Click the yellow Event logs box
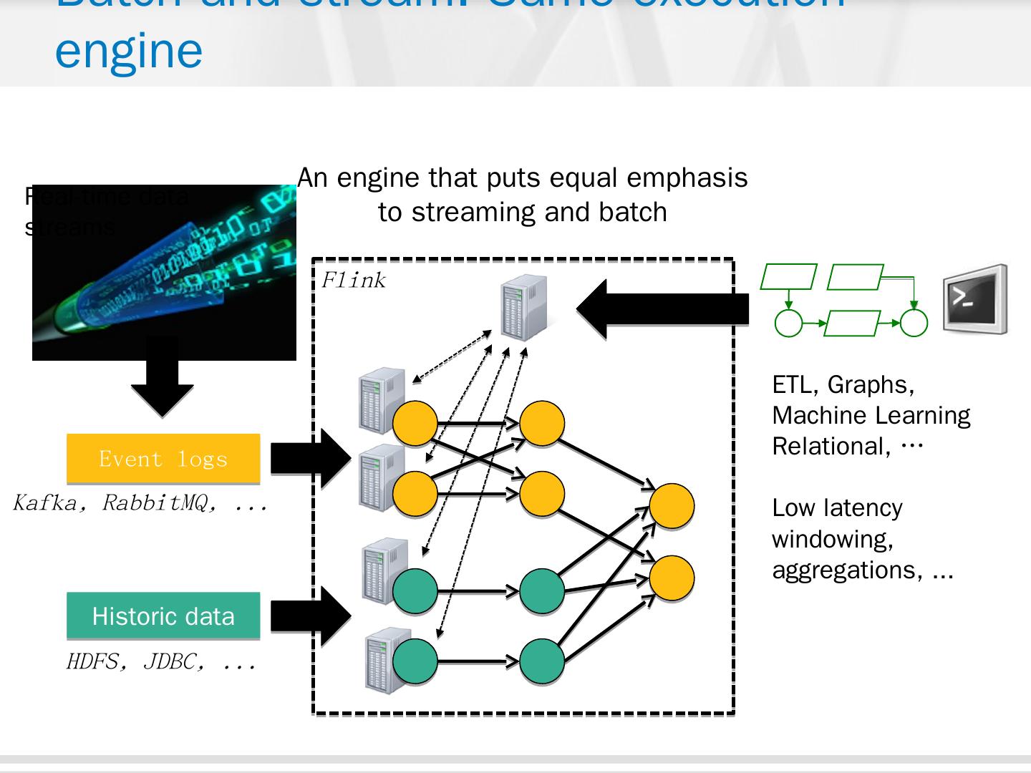[163, 458]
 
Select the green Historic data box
[163, 616]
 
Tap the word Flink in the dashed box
[353, 280]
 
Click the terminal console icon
[974, 299]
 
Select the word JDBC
[170, 661]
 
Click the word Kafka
[45, 503]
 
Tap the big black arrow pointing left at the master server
[662, 309]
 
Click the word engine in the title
[129, 50]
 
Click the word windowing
[833, 539]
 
